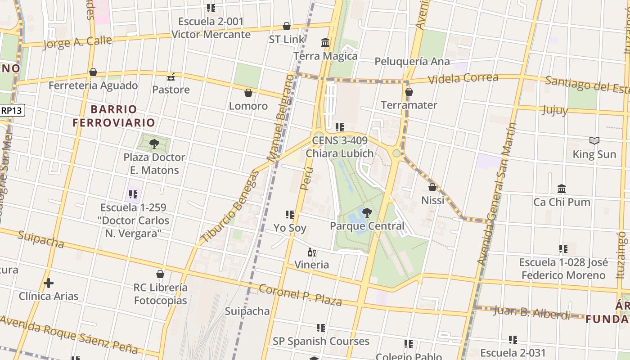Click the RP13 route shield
coord(12,110)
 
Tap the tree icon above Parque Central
coord(367,212)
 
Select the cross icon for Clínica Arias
coord(49,283)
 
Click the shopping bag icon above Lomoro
coord(248,93)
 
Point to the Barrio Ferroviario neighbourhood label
coord(114,116)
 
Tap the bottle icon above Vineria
coord(311,252)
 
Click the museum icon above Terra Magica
coord(325,43)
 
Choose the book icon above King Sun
coord(594,141)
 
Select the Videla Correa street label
coord(463,78)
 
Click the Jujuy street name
coord(555,110)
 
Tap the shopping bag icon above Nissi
coord(432,187)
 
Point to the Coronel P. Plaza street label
coord(300,295)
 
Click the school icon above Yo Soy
coord(290,215)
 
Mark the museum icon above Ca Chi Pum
coord(562,189)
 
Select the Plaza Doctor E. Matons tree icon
coord(154,144)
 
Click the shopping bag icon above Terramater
coord(409,92)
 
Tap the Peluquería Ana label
coord(412,61)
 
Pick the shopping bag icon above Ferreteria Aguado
coord(93,72)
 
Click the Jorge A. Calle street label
coord(78,42)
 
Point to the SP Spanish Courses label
coord(321,341)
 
